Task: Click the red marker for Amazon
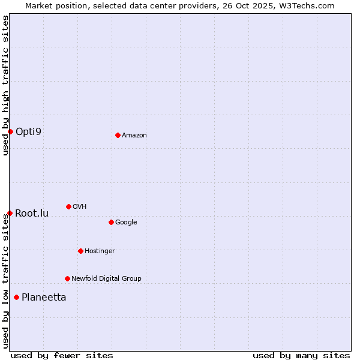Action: click(x=118, y=135)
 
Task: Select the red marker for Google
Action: click(x=111, y=222)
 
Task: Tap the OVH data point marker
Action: click(x=68, y=206)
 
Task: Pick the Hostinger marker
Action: click(x=80, y=251)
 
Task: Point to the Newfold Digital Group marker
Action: click(x=67, y=278)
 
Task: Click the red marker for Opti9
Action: click(x=10, y=131)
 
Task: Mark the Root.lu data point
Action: click(x=10, y=213)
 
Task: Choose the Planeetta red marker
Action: click(x=16, y=297)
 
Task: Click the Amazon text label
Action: click(x=134, y=136)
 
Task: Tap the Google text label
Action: click(x=126, y=223)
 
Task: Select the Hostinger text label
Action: click(x=100, y=251)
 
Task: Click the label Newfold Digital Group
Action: click(x=106, y=279)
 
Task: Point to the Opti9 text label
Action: click(x=29, y=131)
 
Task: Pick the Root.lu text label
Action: click(x=32, y=213)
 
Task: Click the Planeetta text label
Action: click(x=44, y=298)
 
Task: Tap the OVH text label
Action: click(x=79, y=207)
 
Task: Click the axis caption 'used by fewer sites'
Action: click(x=62, y=355)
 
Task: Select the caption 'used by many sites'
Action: click(x=301, y=355)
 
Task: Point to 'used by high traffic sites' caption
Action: click(x=5, y=85)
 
